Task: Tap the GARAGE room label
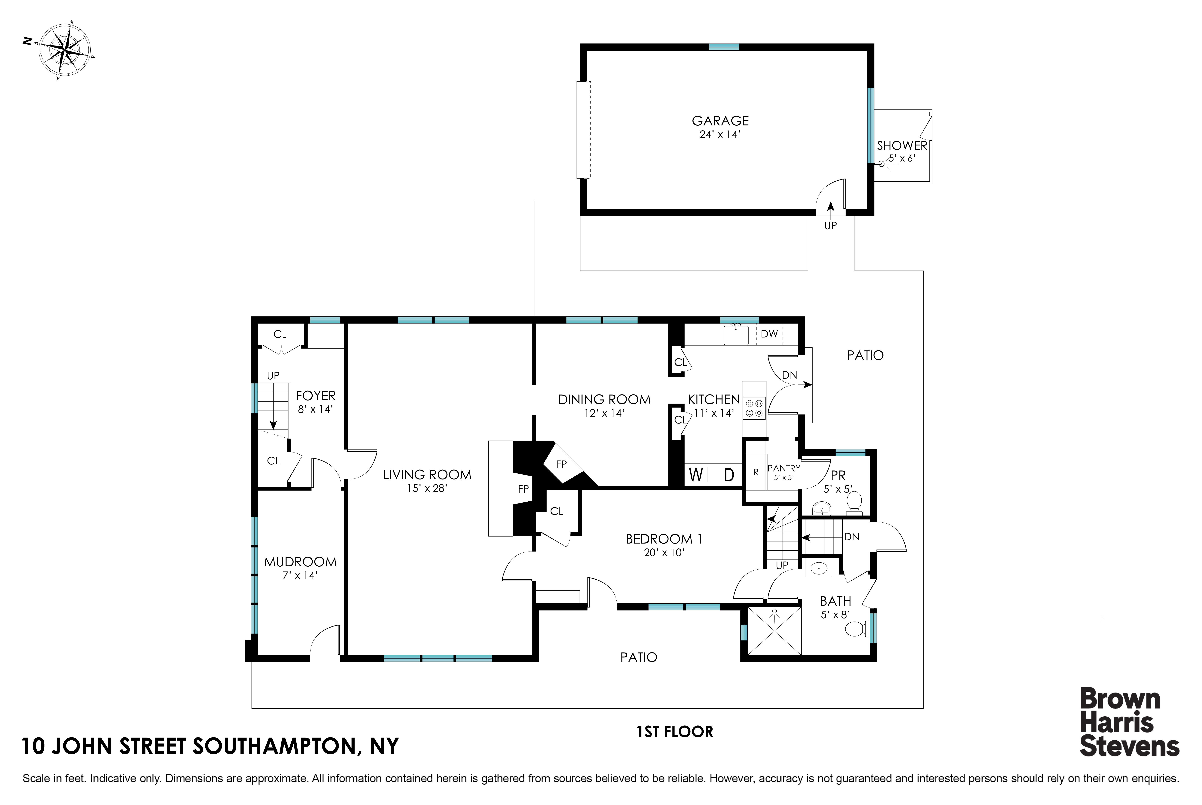click(x=720, y=121)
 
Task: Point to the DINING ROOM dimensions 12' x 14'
click(x=604, y=413)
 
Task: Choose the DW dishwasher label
click(x=769, y=334)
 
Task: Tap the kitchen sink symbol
click(x=736, y=335)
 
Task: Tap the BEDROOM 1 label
click(x=664, y=539)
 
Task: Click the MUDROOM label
click(x=300, y=562)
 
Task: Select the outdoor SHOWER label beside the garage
click(x=902, y=146)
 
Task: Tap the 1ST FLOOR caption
click(x=675, y=732)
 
